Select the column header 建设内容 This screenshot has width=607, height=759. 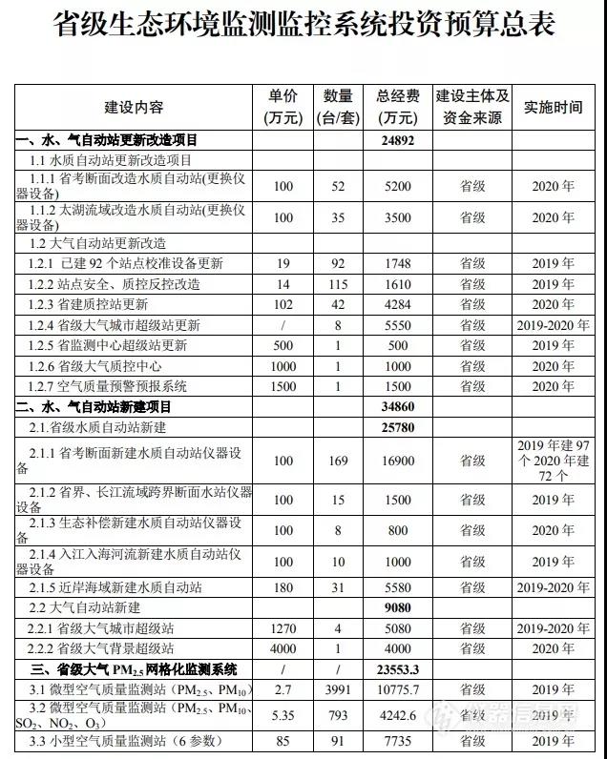tap(134, 107)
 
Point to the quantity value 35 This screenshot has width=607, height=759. tap(337, 217)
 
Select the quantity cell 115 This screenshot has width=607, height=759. tap(337, 284)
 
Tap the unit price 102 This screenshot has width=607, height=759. tap(283, 305)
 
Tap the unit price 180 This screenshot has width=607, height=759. tap(283, 588)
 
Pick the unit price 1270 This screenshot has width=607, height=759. tap(283, 628)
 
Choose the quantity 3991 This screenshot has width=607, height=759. tap(337, 689)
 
